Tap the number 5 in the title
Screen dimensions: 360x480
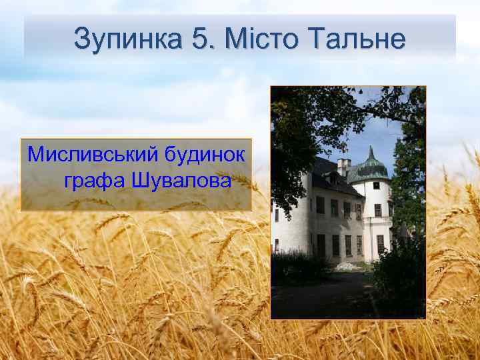(200, 39)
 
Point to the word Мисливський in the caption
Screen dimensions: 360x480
(89, 156)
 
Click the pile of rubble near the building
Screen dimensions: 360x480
(345, 267)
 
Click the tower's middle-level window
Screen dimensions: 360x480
(378, 210)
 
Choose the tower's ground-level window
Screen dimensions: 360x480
(380, 243)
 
